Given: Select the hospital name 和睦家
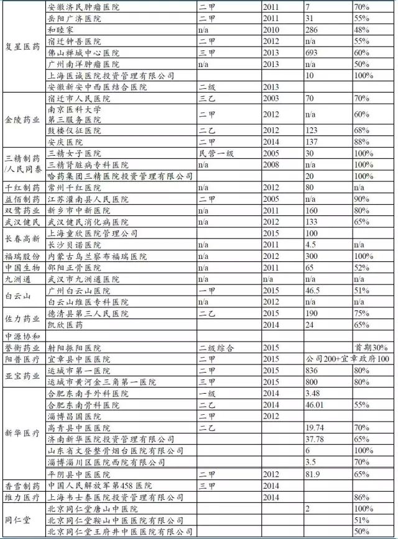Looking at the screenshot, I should (x=60, y=30).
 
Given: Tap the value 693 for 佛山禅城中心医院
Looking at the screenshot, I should (x=312, y=53).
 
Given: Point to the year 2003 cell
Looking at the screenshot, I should (x=272, y=98).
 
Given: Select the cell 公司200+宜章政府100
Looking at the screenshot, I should (x=347, y=359).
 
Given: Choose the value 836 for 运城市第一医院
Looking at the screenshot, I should (x=312, y=370).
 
